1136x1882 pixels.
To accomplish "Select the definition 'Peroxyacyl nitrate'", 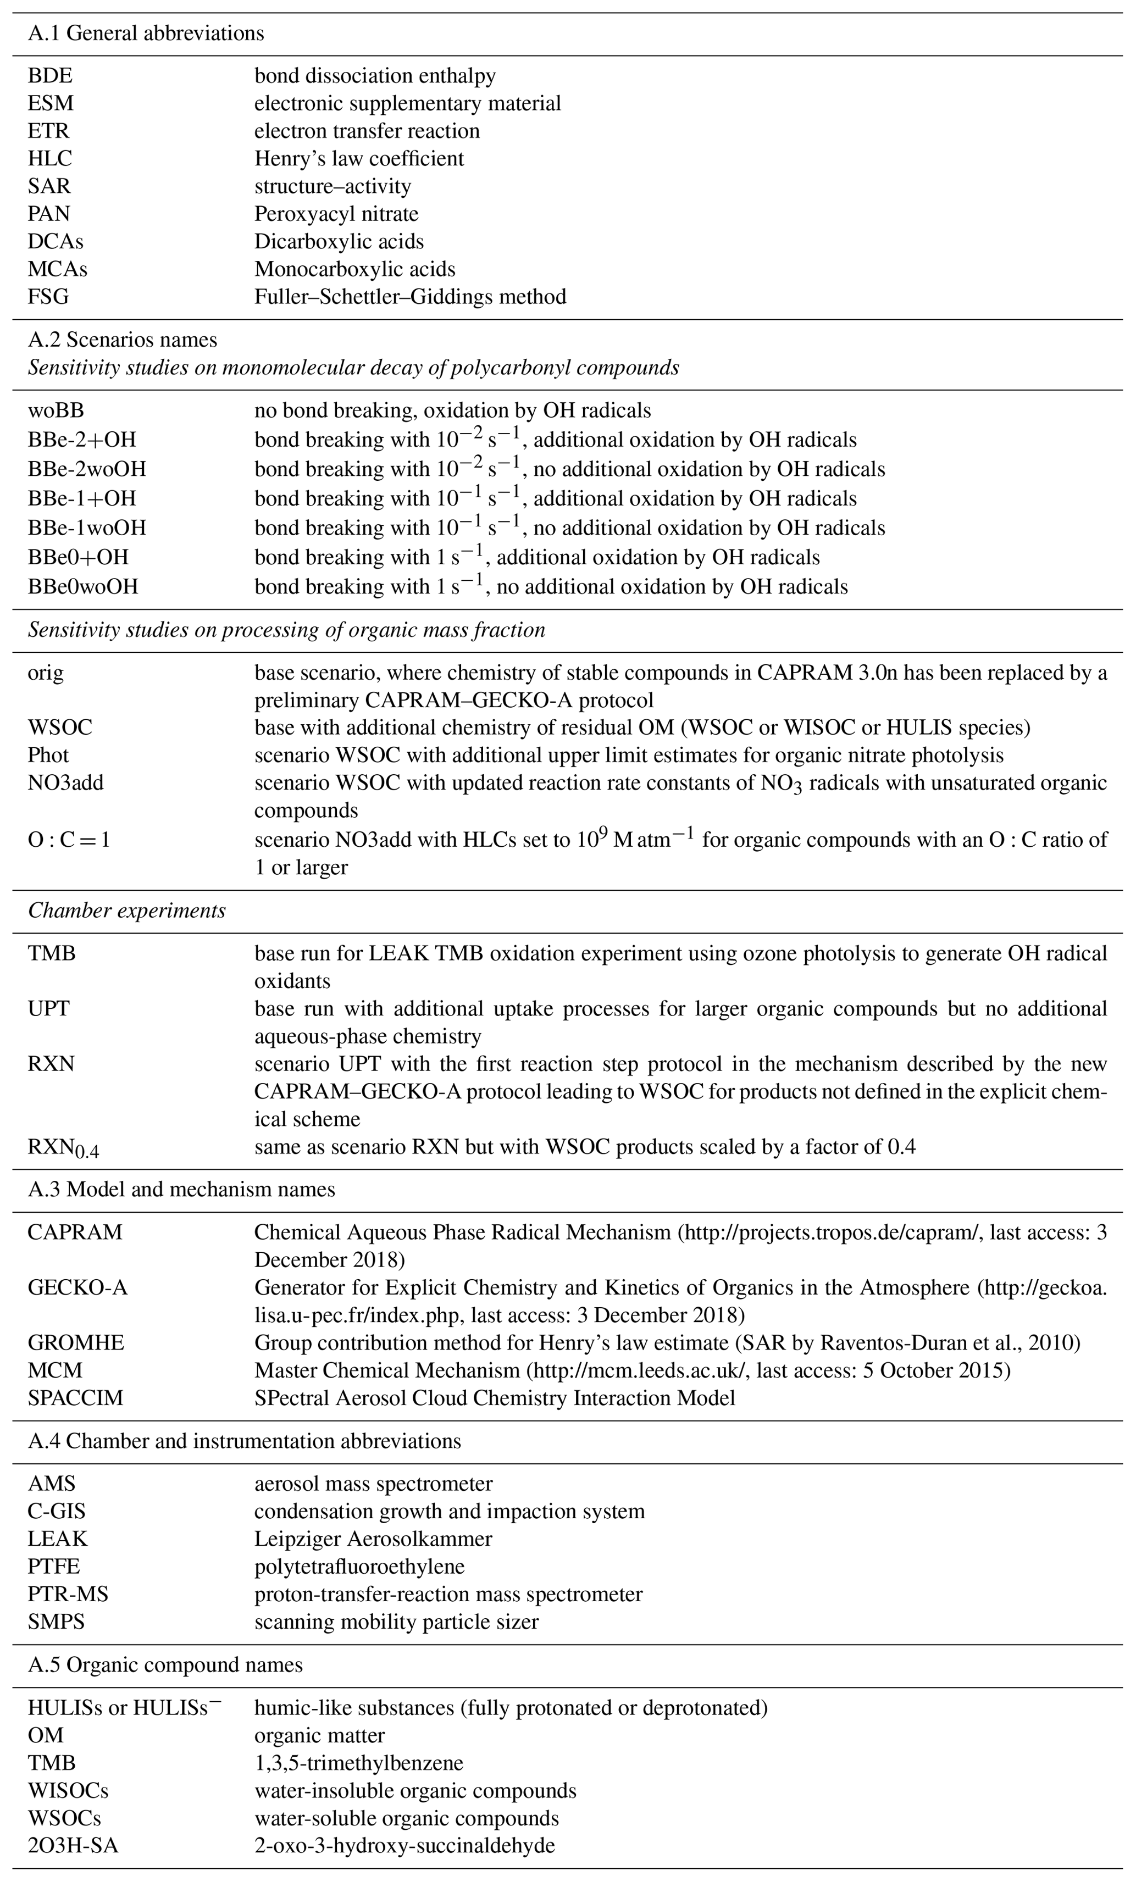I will pos(336,214).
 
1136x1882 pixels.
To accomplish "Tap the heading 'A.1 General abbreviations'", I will pos(146,34).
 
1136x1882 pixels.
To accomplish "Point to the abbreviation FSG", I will pos(48,296).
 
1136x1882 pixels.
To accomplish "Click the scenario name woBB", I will pos(56,411).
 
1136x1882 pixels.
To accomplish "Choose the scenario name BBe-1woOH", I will pos(87,528).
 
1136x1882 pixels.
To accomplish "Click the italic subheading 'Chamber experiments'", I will pos(127,911).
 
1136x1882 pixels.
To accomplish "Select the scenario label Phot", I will pos(48,756).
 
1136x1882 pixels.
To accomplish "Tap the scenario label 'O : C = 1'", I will pos(69,840).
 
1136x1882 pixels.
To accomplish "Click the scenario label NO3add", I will pos(66,783).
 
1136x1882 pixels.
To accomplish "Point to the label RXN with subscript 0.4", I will pos(63,1148).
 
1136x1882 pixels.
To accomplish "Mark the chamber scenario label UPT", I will pos(48,1009).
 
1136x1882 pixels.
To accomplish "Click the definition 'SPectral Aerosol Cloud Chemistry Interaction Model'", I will pos(494,1398).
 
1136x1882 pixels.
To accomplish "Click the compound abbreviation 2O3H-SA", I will pos(73,1846).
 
